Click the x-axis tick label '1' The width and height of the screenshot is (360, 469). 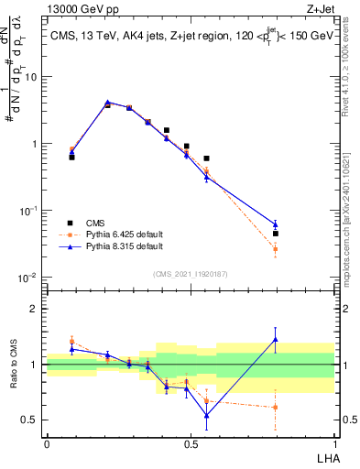[x=334, y=444]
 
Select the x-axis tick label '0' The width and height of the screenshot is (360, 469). [x=46, y=444]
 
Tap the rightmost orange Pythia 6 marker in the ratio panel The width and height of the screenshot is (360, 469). [x=276, y=408]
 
